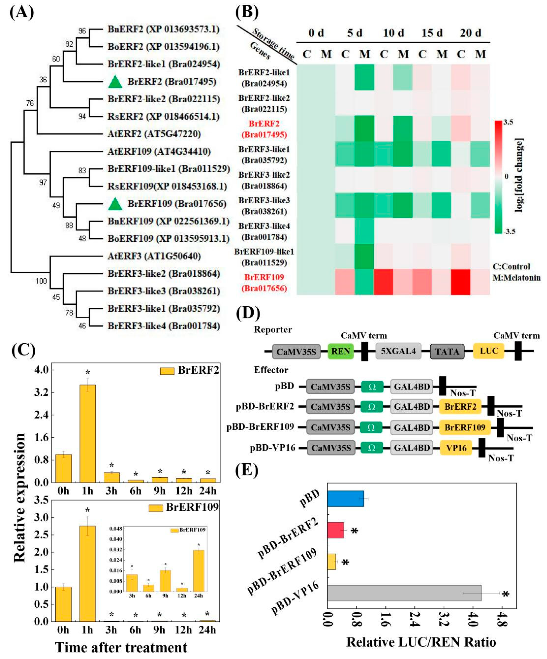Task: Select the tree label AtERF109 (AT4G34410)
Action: [159, 152]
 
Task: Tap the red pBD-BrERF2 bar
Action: [336, 530]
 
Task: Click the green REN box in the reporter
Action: [341, 351]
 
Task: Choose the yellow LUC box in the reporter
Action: [488, 351]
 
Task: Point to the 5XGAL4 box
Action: [398, 351]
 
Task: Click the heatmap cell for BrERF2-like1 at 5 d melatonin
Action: [365, 77]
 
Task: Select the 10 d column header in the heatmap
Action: [393, 33]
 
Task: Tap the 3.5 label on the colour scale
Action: [508, 122]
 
